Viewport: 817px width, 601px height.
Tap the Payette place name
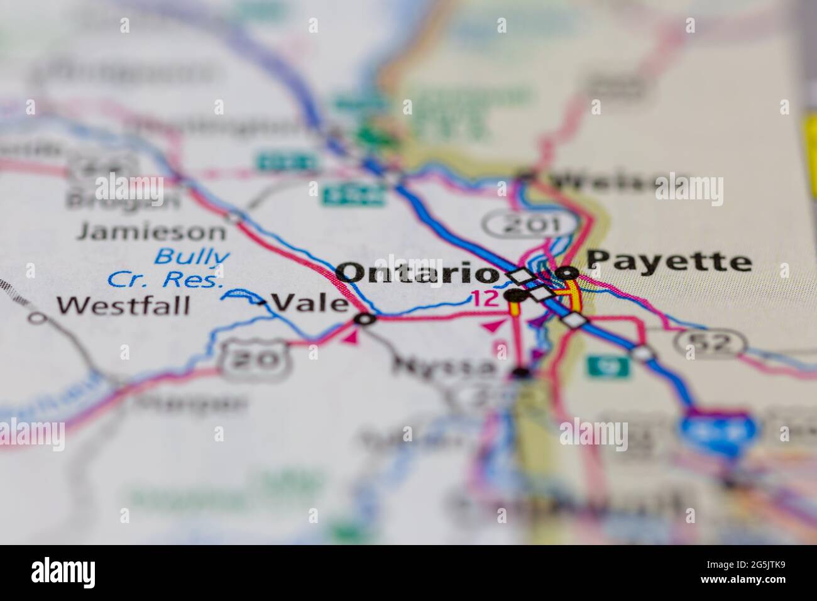[669, 260]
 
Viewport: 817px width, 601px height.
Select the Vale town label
[312, 304]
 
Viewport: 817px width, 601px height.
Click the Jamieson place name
[151, 231]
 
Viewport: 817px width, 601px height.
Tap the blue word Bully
[192, 256]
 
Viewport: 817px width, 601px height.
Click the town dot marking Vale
[365, 319]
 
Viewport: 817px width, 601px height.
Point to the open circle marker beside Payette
[568, 273]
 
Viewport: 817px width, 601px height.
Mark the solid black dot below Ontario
[515, 295]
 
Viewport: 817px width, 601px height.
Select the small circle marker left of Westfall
[38, 317]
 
